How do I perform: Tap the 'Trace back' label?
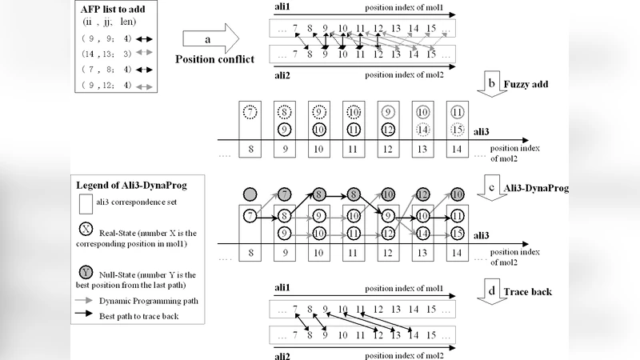coord(530,292)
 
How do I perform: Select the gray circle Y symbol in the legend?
coord(86,274)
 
